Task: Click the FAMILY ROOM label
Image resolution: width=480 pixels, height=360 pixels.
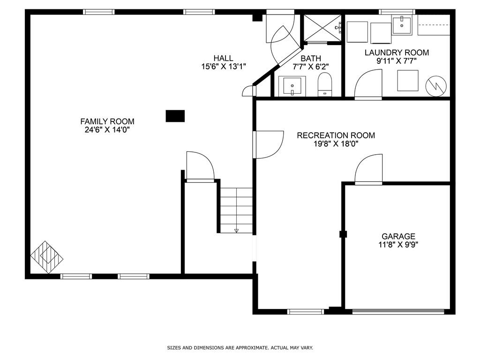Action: (107, 121)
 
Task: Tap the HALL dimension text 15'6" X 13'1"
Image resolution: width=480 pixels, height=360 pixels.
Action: (224, 67)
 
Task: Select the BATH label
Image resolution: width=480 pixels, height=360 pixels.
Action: (311, 59)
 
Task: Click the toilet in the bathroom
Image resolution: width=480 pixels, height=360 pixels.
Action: (324, 86)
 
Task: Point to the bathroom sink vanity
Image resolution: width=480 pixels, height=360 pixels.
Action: (292, 86)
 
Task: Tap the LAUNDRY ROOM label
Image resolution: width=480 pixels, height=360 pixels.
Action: (397, 52)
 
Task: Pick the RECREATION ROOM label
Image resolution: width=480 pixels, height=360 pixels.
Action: (336, 135)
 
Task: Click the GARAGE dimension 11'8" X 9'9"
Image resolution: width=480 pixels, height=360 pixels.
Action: (398, 244)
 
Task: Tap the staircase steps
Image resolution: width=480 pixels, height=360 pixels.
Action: (237, 210)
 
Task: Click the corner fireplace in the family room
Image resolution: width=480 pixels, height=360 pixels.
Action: (46, 257)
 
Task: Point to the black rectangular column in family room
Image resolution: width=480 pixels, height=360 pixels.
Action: (175, 116)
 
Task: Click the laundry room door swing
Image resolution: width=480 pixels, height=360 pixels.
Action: (368, 85)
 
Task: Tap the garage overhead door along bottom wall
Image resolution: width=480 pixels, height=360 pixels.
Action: (398, 311)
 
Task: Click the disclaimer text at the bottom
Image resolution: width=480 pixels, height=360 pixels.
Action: (240, 348)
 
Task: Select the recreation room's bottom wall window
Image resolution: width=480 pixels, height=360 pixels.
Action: (306, 311)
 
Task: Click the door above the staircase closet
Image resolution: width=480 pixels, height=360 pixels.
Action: (200, 166)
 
